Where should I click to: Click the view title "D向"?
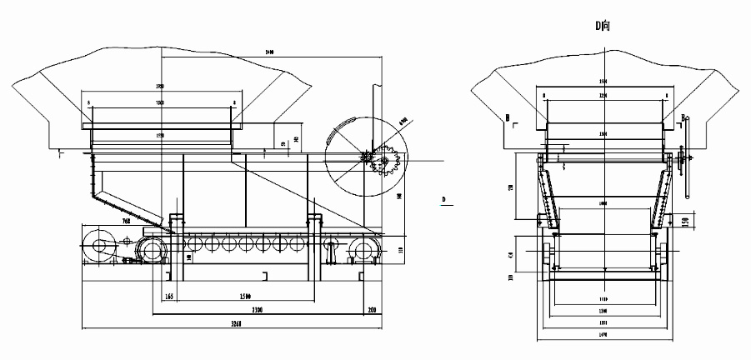click(603, 25)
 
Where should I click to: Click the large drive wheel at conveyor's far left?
click(101, 247)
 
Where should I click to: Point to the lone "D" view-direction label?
click(444, 199)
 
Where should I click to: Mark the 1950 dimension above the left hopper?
click(159, 87)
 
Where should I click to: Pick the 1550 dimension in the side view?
click(159, 134)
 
